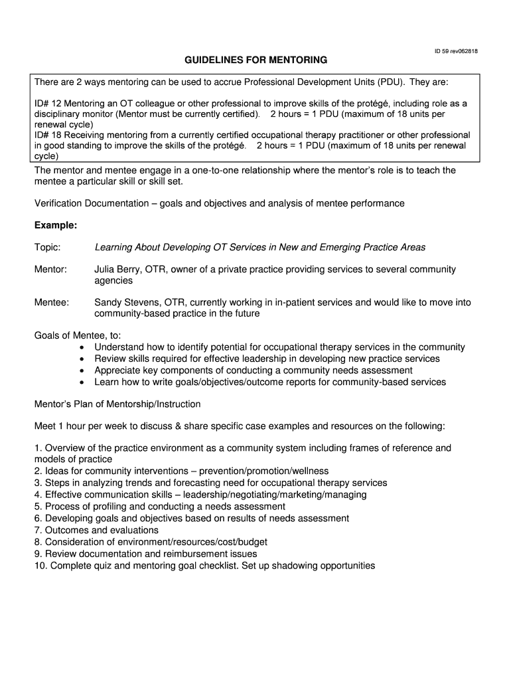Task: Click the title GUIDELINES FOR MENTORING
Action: click(256, 60)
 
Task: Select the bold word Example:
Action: click(56, 225)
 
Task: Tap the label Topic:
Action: click(47, 247)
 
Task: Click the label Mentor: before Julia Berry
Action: click(50, 270)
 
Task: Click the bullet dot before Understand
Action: click(81, 347)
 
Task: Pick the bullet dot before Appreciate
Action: click(81, 371)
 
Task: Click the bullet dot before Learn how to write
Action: click(81, 382)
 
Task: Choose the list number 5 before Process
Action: click(38, 506)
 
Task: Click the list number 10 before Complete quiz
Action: click(40, 566)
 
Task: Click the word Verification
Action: click(60, 203)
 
